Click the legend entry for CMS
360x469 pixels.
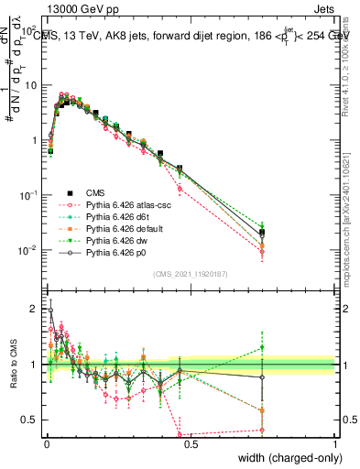point(94,193)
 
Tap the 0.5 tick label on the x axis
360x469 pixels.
point(191,445)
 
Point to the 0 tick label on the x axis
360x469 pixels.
point(47,445)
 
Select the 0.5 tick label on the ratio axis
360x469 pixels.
point(33,420)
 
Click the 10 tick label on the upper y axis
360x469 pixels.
point(33,85)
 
